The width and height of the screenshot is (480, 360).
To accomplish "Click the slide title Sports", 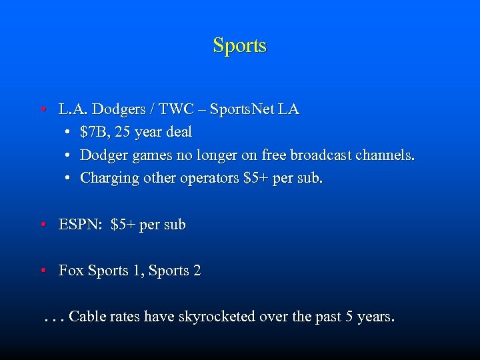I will click(239, 46).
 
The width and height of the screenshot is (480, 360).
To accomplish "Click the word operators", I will click(211, 179).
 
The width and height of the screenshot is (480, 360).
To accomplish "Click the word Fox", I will click(71, 271).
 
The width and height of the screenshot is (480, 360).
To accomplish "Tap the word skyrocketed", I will click(217, 317).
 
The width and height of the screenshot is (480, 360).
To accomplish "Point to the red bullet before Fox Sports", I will click(43, 271).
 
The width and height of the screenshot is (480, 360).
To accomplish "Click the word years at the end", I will click(375, 317).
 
